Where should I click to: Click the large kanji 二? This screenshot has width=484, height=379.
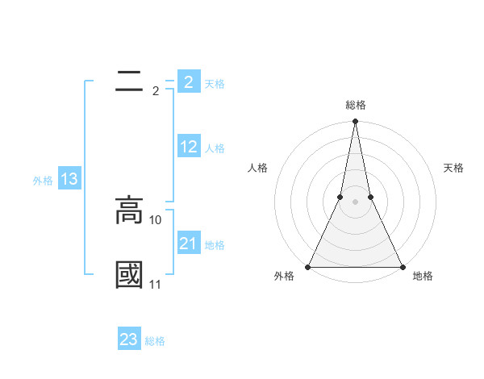pos(129,81)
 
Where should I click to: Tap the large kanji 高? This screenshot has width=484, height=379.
pos(129,210)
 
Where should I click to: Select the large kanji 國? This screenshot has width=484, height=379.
pos(129,274)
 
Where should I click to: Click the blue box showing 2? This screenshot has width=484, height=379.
pos(189,82)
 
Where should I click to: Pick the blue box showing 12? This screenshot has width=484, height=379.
pos(189,147)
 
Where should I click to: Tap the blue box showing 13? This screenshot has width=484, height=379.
pos(69,180)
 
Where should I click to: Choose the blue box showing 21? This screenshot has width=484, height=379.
pos(189,244)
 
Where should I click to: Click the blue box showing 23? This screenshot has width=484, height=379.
pos(129,339)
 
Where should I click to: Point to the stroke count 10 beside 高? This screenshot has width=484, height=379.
pos(156,219)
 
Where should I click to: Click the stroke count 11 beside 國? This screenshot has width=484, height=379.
pos(156,285)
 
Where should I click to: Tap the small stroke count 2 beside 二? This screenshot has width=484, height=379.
pos(156,91)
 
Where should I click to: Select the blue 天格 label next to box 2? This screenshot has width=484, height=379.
pos(215,84)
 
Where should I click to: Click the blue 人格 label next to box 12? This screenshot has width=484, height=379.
pos(215,148)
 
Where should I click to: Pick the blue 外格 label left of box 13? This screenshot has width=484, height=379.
pos(43,181)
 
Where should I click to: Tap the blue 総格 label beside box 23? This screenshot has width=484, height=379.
pos(155,341)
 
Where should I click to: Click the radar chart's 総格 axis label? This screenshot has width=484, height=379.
pos(355,105)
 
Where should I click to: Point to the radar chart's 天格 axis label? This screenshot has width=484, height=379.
pos(454,168)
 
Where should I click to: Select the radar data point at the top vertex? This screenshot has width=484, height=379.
pos(355,122)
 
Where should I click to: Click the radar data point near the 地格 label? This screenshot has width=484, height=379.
pos(402,266)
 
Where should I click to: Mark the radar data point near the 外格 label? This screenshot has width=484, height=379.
pos(308,266)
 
